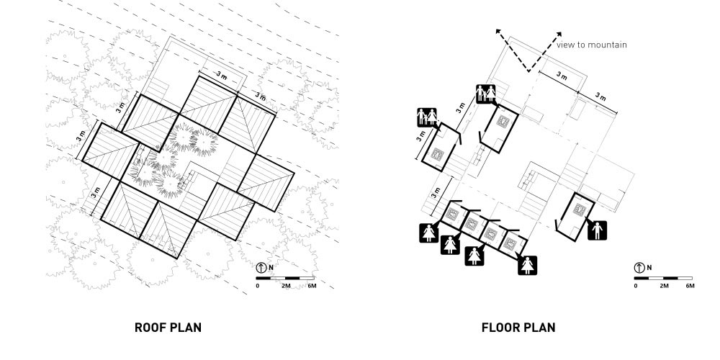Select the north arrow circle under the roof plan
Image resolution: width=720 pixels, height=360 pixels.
pyautogui.click(x=261, y=268)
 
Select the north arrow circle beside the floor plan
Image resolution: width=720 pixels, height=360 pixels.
pyautogui.click(x=639, y=268)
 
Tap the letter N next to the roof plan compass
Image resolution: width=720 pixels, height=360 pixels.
pyautogui.click(x=271, y=268)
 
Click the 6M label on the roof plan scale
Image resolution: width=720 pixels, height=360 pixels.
pyautogui.click(x=312, y=286)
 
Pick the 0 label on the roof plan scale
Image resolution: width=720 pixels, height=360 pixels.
pyautogui.click(x=258, y=286)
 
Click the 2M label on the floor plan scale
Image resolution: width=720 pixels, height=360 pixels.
pyautogui.click(x=664, y=286)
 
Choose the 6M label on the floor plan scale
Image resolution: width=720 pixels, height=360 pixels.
pyautogui.click(x=690, y=286)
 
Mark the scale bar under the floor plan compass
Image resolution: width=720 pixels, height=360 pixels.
pyautogui.click(x=663, y=278)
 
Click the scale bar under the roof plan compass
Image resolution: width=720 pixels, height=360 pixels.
pyautogui.click(x=284, y=278)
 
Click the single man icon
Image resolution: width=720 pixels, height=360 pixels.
pyautogui.click(x=598, y=230)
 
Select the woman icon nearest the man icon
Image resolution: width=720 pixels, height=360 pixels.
pyautogui.click(x=528, y=266)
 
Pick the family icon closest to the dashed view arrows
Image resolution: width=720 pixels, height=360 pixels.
pyautogui.click(x=486, y=94)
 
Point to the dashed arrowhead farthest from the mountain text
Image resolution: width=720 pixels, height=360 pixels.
pyautogui.click(x=498, y=32)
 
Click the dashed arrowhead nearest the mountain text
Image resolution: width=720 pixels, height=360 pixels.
pyautogui.click(x=559, y=35)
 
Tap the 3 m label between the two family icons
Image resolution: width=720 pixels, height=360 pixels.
pyautogui.click(x=460, y=109)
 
